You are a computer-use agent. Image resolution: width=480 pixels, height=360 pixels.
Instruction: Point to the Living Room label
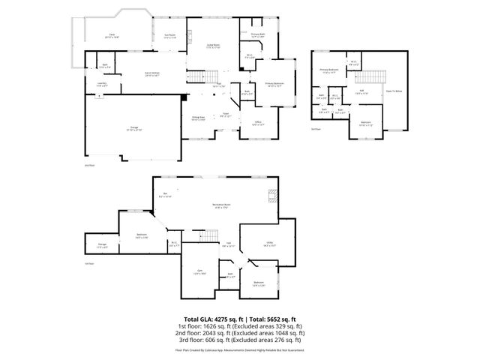click(x=213, y=46)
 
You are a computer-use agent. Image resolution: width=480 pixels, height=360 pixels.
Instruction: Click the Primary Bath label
click(x=259, y=34)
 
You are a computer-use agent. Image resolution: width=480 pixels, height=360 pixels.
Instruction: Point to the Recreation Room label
click(x=220, y=206)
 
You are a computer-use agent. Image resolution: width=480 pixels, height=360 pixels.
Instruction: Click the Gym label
click(x=200, y=272)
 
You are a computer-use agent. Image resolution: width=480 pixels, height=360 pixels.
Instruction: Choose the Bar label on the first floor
click(x=167, y=196)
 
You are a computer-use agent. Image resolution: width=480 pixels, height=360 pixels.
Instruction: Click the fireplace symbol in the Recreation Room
click(x=272, y=197)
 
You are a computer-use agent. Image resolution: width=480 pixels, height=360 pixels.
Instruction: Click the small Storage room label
click(x=102, y=247)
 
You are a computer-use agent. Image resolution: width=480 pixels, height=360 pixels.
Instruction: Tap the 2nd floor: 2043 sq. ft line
click(x=240, y=332)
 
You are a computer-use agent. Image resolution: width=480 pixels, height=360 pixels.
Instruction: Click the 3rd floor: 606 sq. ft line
click(x=240, y=339)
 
